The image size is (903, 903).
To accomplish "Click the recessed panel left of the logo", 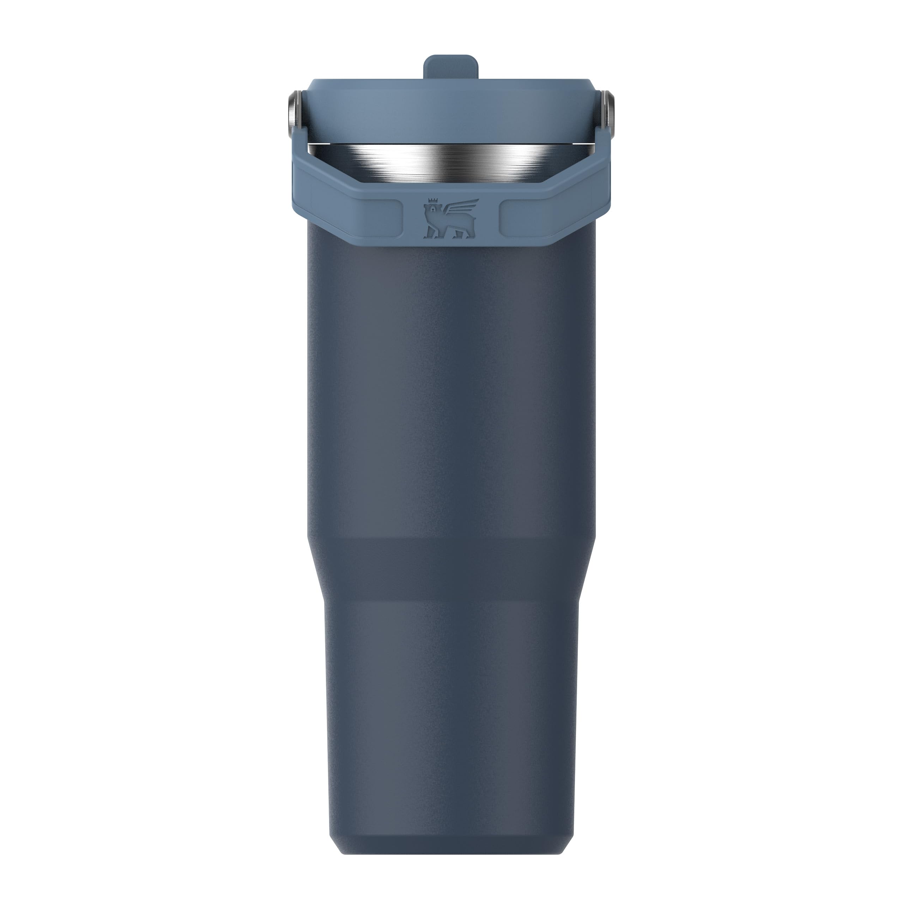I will pyautogui.click(x=355, y=218).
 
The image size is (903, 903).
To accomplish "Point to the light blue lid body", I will pyautogui.click(x=451, y=108).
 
